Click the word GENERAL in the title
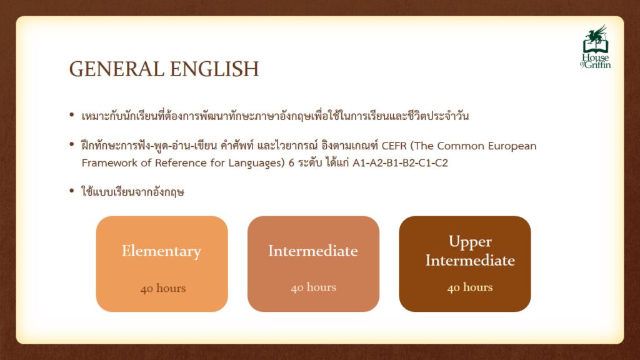click(x=117, y=69)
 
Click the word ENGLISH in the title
click(x=214, y=69)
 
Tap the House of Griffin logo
click(x=596, y=47)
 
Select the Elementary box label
click(x=162, y=251)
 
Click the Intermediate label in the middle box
click(x=313, y=251)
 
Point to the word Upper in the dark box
click(x=470, y=242)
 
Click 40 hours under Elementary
click(x=163, y=289)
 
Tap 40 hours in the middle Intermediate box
click(x=314, y=287)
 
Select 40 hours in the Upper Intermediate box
click(x=470, y=287)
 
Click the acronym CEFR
click(x=394, y=146)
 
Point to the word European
click(x=512, y=146)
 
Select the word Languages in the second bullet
click(x=254, y=163)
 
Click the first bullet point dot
click(x=72, y=116)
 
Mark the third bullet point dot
click(x=72, y=191)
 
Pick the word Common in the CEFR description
click(x=459, y=146)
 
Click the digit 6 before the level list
click(x=291, y=163)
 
